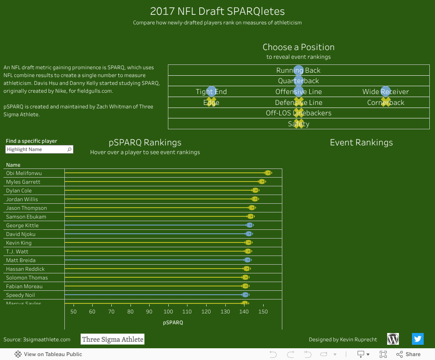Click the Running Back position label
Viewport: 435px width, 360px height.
[x=298, y=71]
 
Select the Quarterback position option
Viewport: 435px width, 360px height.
[x=298, y=81]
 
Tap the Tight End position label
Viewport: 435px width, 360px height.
[x=211, y=92]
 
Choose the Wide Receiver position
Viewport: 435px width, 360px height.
[x=385, y=92]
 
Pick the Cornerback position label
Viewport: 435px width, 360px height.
[x=385, y=103]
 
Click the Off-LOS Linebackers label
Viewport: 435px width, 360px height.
[x=298, y=113]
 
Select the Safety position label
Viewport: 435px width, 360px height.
[x=298, y=124]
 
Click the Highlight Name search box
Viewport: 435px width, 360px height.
[x=37, y=149]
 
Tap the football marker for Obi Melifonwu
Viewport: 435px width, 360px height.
[x=268, y=173]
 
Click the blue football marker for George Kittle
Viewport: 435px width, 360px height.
[x=249, y=225]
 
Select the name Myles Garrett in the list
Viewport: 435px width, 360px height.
[x=23, y=182]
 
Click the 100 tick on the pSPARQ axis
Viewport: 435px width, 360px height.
[x=168, y=312]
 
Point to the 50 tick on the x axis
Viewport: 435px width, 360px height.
[x=73, y=312]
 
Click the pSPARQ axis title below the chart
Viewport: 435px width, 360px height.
[x=173, y=323]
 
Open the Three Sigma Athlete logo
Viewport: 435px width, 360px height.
[x=113, y=340]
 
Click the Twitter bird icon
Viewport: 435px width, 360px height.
[x=418, y=339]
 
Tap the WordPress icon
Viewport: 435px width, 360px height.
[x=393, y=339]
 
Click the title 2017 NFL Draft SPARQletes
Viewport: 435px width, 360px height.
[x=217, y=11]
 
